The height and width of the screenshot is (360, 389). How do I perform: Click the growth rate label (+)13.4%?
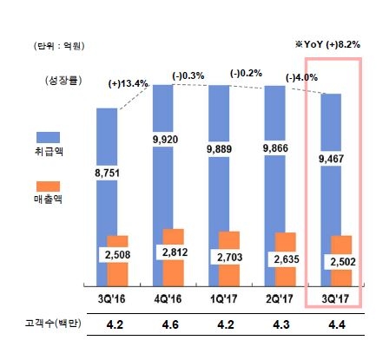click(x=129, y=84)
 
